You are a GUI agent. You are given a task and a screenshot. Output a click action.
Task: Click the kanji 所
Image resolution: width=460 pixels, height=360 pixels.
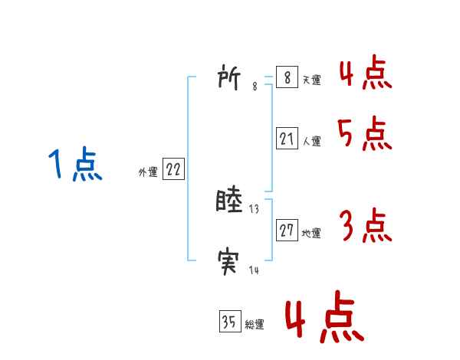click(230, 77)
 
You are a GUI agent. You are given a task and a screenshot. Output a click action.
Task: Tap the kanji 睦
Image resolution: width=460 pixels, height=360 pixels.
click(230, 201)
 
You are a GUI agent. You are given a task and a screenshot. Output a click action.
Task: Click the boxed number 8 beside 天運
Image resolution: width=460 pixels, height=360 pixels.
click(286, 78)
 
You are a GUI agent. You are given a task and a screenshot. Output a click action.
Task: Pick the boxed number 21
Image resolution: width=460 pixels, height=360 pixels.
click(286, 139)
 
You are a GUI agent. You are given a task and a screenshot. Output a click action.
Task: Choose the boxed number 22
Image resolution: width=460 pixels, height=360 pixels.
click(172, 170)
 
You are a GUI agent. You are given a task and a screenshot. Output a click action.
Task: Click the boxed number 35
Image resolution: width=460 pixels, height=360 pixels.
click(229, 322)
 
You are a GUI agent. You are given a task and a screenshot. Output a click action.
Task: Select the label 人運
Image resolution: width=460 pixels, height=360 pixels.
click(311, 142)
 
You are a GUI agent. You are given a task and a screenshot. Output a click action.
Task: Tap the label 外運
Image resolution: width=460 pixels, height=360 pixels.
click(148, 172)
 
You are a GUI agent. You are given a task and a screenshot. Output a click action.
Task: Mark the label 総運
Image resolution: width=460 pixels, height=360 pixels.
click(255, 325)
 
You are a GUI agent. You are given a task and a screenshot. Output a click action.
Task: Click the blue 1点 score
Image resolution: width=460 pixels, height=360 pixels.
click(75, 165)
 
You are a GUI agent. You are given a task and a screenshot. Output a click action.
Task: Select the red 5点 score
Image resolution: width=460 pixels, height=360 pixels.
click(365, 136)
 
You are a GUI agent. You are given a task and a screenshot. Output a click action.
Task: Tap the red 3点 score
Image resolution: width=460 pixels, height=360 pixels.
click(365, 226)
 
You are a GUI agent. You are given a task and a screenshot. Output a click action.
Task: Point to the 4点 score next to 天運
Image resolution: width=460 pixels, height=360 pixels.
click(365, 74)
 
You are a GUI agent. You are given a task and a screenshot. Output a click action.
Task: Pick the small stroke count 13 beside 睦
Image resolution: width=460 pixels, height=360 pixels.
click(255, 209)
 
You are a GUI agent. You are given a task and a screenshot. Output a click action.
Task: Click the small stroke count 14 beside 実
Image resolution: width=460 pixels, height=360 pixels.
click(254, 271)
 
